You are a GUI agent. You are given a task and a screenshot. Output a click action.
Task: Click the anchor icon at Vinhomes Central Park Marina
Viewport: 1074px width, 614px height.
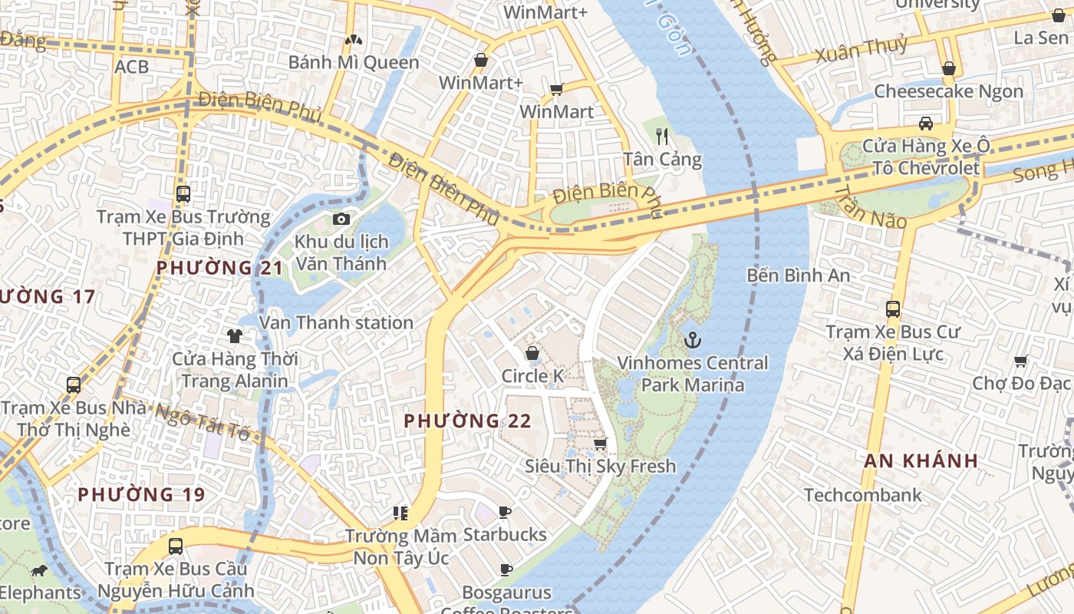tap(693, 338)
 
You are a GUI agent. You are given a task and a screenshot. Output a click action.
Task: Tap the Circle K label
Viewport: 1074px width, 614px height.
tap(532, 376)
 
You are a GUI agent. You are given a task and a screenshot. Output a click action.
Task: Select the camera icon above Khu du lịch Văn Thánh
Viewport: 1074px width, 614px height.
tap(341, 220)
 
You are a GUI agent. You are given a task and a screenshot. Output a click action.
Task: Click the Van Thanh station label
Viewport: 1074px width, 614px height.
tap(336, 322)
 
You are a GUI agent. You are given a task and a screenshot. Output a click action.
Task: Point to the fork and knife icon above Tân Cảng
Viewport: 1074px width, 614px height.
tap(662, 137)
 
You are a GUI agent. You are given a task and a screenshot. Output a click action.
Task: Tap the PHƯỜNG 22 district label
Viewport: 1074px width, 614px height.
tap(467, 421)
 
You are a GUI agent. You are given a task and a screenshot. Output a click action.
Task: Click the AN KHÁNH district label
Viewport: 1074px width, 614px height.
tap(921, 460)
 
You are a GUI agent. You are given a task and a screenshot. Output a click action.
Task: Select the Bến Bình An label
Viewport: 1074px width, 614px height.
tap(798, 275)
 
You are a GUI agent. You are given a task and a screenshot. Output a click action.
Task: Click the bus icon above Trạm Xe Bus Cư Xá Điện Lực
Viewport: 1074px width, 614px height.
tap(892, 309)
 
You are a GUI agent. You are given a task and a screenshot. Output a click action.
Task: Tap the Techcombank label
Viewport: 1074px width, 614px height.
tap(862, 495)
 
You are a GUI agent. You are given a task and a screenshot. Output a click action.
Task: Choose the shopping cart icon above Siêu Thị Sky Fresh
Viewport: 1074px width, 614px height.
tap(600, 444)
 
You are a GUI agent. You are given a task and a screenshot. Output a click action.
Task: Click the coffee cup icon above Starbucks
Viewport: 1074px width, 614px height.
tap(504, 512)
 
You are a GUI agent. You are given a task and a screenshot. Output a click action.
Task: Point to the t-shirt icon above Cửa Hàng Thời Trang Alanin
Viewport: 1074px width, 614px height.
tap(234, 335)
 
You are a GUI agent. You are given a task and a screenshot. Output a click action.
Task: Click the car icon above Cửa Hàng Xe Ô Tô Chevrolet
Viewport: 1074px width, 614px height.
tap(926, 124)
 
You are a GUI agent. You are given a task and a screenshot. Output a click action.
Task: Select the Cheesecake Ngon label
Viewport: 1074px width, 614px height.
tap(948, 91)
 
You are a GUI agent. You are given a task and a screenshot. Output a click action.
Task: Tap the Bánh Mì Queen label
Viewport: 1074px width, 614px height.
tap(354, 62)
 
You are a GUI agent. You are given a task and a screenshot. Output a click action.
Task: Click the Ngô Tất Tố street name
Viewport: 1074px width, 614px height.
tap(203, 421)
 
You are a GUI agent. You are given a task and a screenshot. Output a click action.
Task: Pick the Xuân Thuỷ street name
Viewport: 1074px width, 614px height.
tap(861, 50)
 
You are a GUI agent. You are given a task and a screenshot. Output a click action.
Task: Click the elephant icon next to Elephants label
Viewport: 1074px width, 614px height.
tap(38, 571)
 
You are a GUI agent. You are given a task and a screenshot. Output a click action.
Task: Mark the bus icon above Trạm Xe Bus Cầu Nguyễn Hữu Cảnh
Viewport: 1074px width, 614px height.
tap(176, 546)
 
